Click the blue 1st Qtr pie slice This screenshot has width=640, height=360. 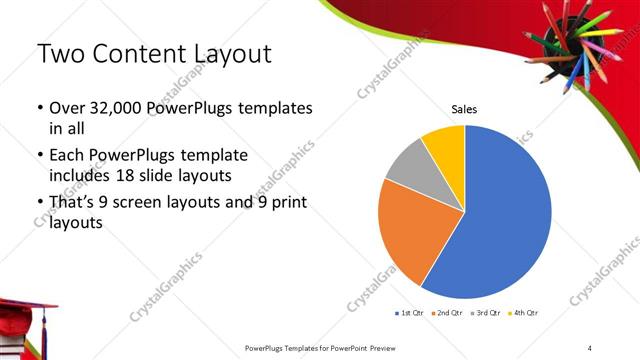click(505, 215)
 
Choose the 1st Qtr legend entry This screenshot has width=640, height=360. click(409, 313)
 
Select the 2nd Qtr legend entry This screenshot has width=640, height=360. click(446, 313)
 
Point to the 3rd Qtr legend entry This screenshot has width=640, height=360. click(484, 313)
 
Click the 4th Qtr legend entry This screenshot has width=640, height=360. click(522, 313)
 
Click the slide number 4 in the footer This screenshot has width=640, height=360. click(590, 347)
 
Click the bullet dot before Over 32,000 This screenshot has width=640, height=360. click(40, 108)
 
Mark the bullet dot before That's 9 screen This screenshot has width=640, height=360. click(40, 204)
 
